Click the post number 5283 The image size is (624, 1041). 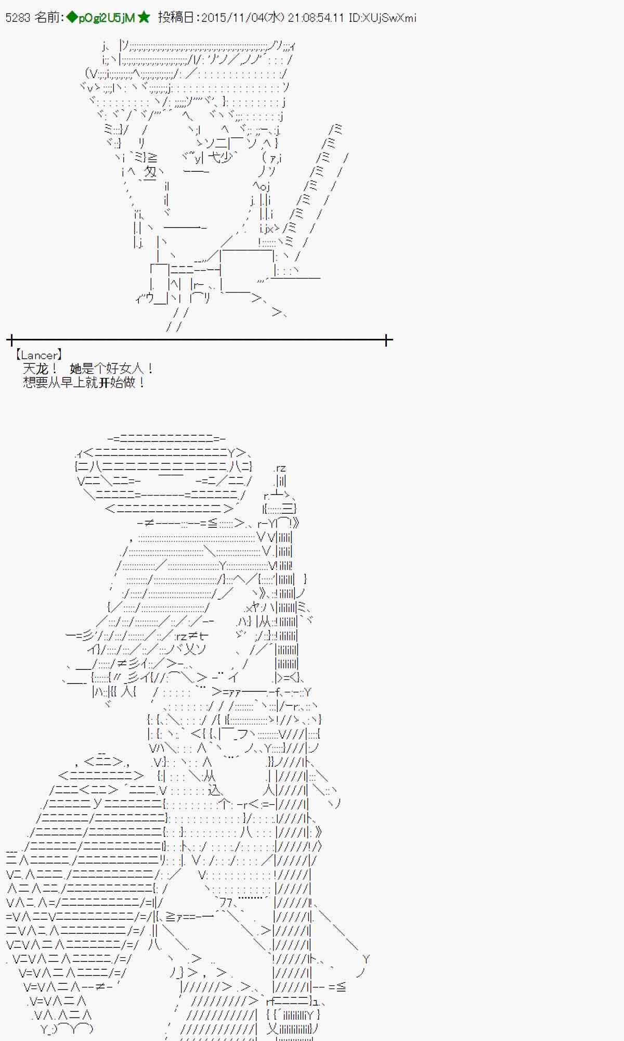point(18,18)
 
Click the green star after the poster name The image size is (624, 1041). point(144,18)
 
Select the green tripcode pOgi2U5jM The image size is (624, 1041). point(107,18)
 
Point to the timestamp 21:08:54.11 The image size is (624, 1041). point(316,18)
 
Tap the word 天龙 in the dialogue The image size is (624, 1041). point(35,369)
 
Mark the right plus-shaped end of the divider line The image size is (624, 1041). point(387,340)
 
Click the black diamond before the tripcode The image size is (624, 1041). point(72,18)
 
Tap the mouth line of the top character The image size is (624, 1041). point(185,227)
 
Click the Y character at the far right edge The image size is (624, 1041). point(366,959)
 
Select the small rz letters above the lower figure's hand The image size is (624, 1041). point(280,468)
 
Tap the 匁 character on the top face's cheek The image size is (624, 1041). point(150,172)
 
